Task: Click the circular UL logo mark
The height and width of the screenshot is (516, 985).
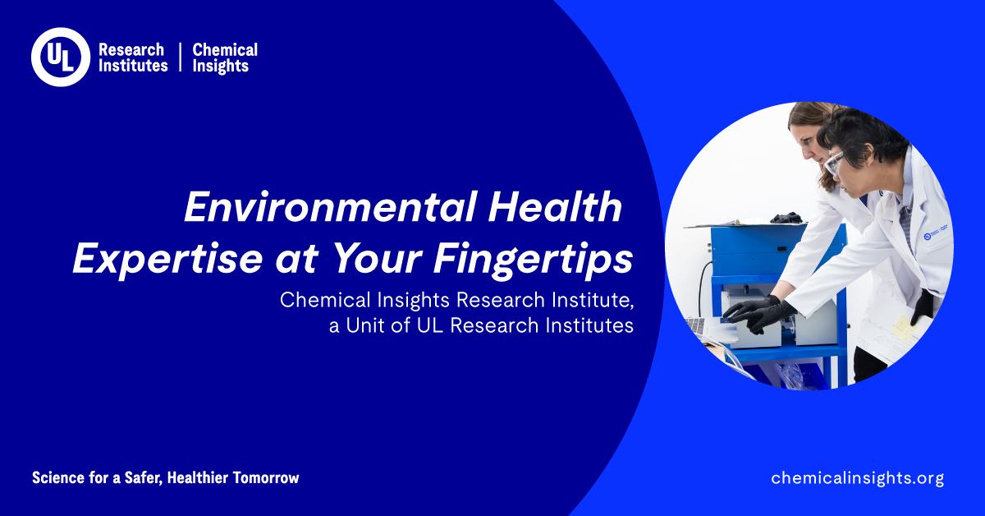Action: pyautogui.click(x=61, y=57)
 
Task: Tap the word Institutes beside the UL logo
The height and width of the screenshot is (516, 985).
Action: pyautogui.click(x=133, y=66)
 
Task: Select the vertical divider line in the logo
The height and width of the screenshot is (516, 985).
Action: pyautogui.click(x=181, y=57)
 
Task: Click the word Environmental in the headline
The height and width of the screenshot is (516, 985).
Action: pyautogui.click(x=330, y=207)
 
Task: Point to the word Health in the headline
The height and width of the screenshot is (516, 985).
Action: pyautogui.click(x=555, y=206)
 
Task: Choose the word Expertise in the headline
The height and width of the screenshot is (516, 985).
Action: pyautogui.click(x=168, y=260)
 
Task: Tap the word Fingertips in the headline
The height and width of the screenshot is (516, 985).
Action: pyautogui.click(x=533, y=260)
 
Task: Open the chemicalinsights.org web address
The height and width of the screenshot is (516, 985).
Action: pyautogui.click(x=858, y=478)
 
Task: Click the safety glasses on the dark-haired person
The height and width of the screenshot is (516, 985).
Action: pyautogui.click(x=834, y=162)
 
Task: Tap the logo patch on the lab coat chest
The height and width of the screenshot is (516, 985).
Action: pyautogui.click(x=935, y=233)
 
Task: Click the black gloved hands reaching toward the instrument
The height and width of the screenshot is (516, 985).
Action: pyautogui.click(x=760, y=314)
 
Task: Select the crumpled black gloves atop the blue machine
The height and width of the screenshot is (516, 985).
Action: pyautogui.click(x=786, y=218)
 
